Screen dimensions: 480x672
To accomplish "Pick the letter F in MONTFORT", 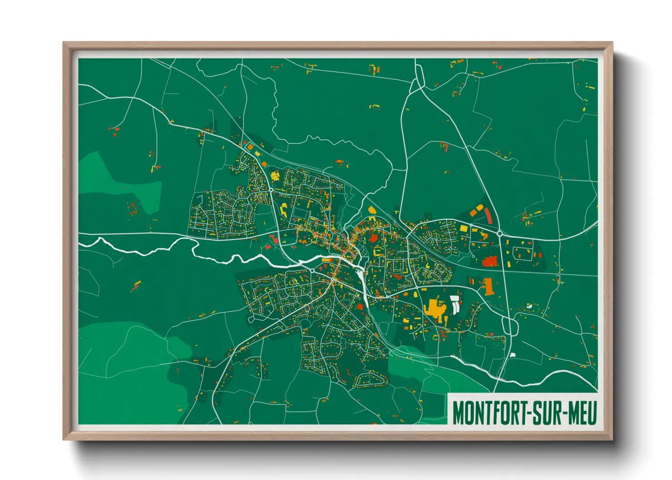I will [x=494, y=413].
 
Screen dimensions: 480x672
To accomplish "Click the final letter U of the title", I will [x=591, y=413].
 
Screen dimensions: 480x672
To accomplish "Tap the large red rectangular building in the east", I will [x=490, y=261].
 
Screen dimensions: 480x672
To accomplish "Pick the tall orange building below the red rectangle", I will [x=488, y=286].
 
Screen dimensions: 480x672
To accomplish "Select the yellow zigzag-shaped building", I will [x=284, y=210].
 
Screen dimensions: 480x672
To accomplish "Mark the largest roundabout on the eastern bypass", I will [x=500, y=234].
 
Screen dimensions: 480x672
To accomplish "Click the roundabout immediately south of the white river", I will [x=312, y=271].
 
